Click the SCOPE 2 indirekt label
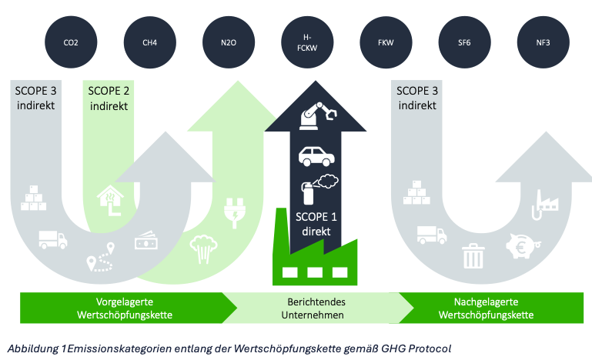pyautogui.click(x=109, y=98)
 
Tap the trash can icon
pyautogui.click(x=472, y=255)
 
